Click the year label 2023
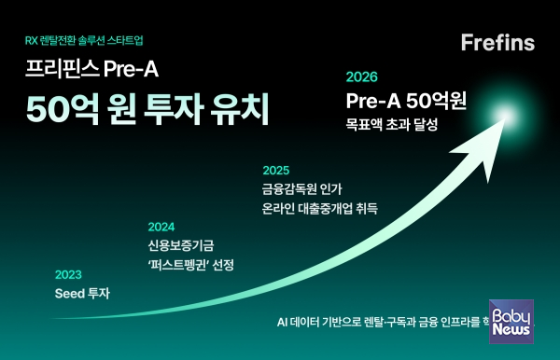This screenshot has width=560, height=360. coord(68,274)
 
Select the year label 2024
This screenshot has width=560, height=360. coord(161,226)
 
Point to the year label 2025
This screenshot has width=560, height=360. coord(276,170)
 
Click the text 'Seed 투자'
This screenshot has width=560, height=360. coord(82,294)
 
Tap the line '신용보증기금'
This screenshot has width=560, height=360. coord(180,244)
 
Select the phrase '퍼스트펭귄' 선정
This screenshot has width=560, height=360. coord(191,265)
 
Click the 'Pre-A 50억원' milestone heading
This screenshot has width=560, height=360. coord(406,100)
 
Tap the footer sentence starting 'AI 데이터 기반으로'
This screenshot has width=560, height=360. coord(383,321)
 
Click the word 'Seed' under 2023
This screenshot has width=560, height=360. coord(71,294)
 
